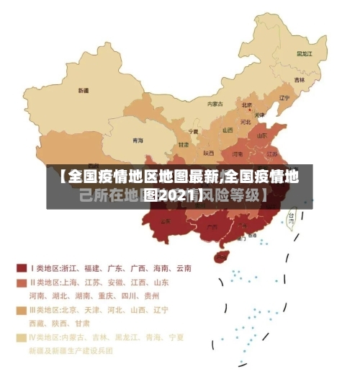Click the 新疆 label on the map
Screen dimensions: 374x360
coord(84,91)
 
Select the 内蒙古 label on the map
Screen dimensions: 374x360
coord(215,104)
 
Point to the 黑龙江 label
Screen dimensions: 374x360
coord(305,53)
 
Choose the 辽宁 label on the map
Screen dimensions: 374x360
coord(284,98)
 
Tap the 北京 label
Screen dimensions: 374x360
coord(246,104)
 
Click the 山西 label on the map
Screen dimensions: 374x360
coord(228,130)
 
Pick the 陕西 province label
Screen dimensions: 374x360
coord(208,153)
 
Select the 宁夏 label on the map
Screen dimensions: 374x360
coord(193,132)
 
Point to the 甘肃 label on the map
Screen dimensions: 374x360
coord(184,145)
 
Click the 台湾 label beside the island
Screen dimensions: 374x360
coord(291,215)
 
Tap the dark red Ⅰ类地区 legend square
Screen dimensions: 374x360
coord(22,268)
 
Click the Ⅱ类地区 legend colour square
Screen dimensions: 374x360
coord(22,282)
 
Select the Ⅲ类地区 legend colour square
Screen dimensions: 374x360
coord(22,310)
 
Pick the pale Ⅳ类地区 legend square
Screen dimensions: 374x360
coord(22,337)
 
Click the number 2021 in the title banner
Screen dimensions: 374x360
coord(171,195)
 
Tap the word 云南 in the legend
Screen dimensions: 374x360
coord(182,268)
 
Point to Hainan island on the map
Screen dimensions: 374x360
coord(222,256)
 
